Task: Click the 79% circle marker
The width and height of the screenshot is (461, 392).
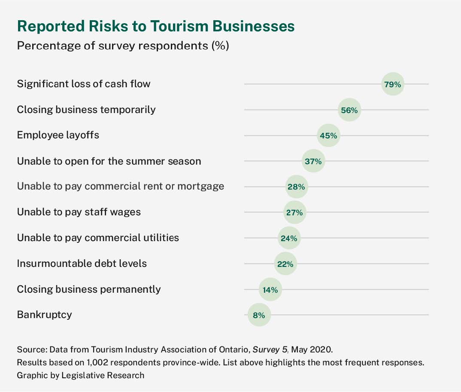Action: [392, 85]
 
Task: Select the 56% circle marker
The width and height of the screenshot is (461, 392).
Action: [349, 110]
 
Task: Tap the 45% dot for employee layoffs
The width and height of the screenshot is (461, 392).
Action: [328, 136]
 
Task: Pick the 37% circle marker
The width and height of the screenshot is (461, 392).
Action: [313, 162]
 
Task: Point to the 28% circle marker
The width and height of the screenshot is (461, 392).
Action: [296, 187]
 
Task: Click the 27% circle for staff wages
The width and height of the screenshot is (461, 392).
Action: [294, 212]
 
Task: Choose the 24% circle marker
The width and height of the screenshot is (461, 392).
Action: [289, 238]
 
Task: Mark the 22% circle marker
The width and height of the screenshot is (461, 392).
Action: [285, 264]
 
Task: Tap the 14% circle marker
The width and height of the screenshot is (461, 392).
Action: [270, 290]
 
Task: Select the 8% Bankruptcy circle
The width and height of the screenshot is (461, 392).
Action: [259, 315]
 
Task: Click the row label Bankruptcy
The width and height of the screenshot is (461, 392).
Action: [44, 315]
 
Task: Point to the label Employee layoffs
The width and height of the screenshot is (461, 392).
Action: [58, 135]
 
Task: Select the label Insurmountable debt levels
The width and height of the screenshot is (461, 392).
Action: [82, 263]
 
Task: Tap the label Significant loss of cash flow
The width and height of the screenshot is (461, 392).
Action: [84, 84]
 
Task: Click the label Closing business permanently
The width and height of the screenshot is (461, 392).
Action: [88, 289]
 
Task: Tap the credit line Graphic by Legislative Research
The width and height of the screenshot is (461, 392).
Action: [80, 375]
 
